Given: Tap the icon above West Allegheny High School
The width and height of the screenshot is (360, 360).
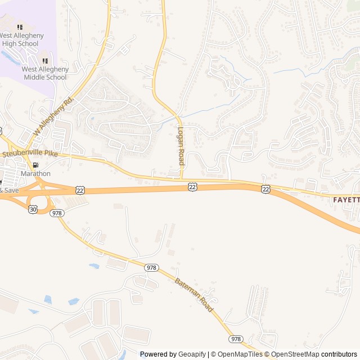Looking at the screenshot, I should [x=20, y=27].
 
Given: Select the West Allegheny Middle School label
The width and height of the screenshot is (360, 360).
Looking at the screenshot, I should [x=45, y=73].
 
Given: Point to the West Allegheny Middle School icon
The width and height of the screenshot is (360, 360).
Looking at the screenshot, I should [x=45, y=61].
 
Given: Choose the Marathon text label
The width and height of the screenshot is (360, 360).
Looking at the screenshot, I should [x=35, y=174].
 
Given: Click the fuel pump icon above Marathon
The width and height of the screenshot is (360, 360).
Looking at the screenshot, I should [x=36, y=165].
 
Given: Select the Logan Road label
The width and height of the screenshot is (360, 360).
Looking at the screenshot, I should [x=181, y=145].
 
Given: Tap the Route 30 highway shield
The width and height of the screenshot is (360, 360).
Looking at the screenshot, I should [x=32, y=209].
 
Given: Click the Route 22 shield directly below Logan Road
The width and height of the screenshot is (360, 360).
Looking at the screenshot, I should [x=192, y=186].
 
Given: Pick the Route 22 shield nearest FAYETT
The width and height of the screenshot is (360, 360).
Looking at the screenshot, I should [x=265, y=190].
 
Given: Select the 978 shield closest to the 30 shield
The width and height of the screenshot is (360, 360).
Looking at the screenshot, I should [x=56, y=213].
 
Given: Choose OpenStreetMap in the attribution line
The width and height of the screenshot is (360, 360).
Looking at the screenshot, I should [x=295, y=354].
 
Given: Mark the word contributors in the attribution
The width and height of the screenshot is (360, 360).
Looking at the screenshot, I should [x=339, y=354].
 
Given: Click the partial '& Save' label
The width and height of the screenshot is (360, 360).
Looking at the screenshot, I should [x=9, y=190].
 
